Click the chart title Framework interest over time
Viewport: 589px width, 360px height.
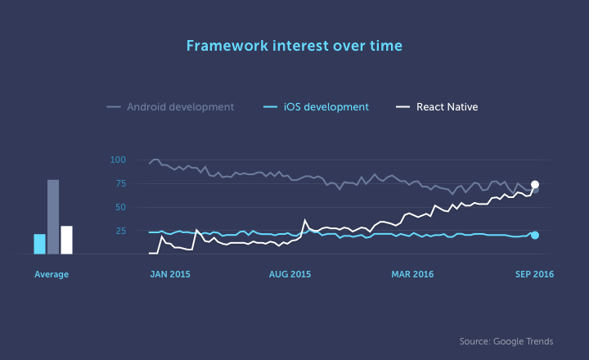coord(294,46)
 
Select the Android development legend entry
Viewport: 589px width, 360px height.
coord(180,107)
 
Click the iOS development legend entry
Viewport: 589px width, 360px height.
coord(326,107)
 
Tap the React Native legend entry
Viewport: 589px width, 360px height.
coord(447,107)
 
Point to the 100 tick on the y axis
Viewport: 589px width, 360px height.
coord(118,160)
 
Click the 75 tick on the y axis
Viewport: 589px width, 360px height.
coord(120,183)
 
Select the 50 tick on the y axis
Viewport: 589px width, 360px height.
coord(120,207)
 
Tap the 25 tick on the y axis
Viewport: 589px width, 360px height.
coord(120,231)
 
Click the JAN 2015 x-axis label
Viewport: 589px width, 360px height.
coord(169,275)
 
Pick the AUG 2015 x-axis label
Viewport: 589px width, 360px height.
coord(290,275)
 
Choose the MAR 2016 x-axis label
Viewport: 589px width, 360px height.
coord(412,275)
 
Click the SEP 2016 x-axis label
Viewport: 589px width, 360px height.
coord(533,275)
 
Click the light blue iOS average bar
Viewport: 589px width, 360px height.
coord(39,244)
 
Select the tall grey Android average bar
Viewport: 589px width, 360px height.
coord(53,217)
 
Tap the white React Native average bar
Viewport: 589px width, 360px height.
coord(67,240)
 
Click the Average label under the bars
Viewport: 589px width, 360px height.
coord(52,275)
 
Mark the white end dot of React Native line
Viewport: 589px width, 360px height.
coord(535,185)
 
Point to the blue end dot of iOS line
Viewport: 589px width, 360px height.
coord(535,235)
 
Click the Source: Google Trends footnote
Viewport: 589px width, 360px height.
coord(506,340)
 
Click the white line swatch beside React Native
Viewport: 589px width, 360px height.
coord(402,107)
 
